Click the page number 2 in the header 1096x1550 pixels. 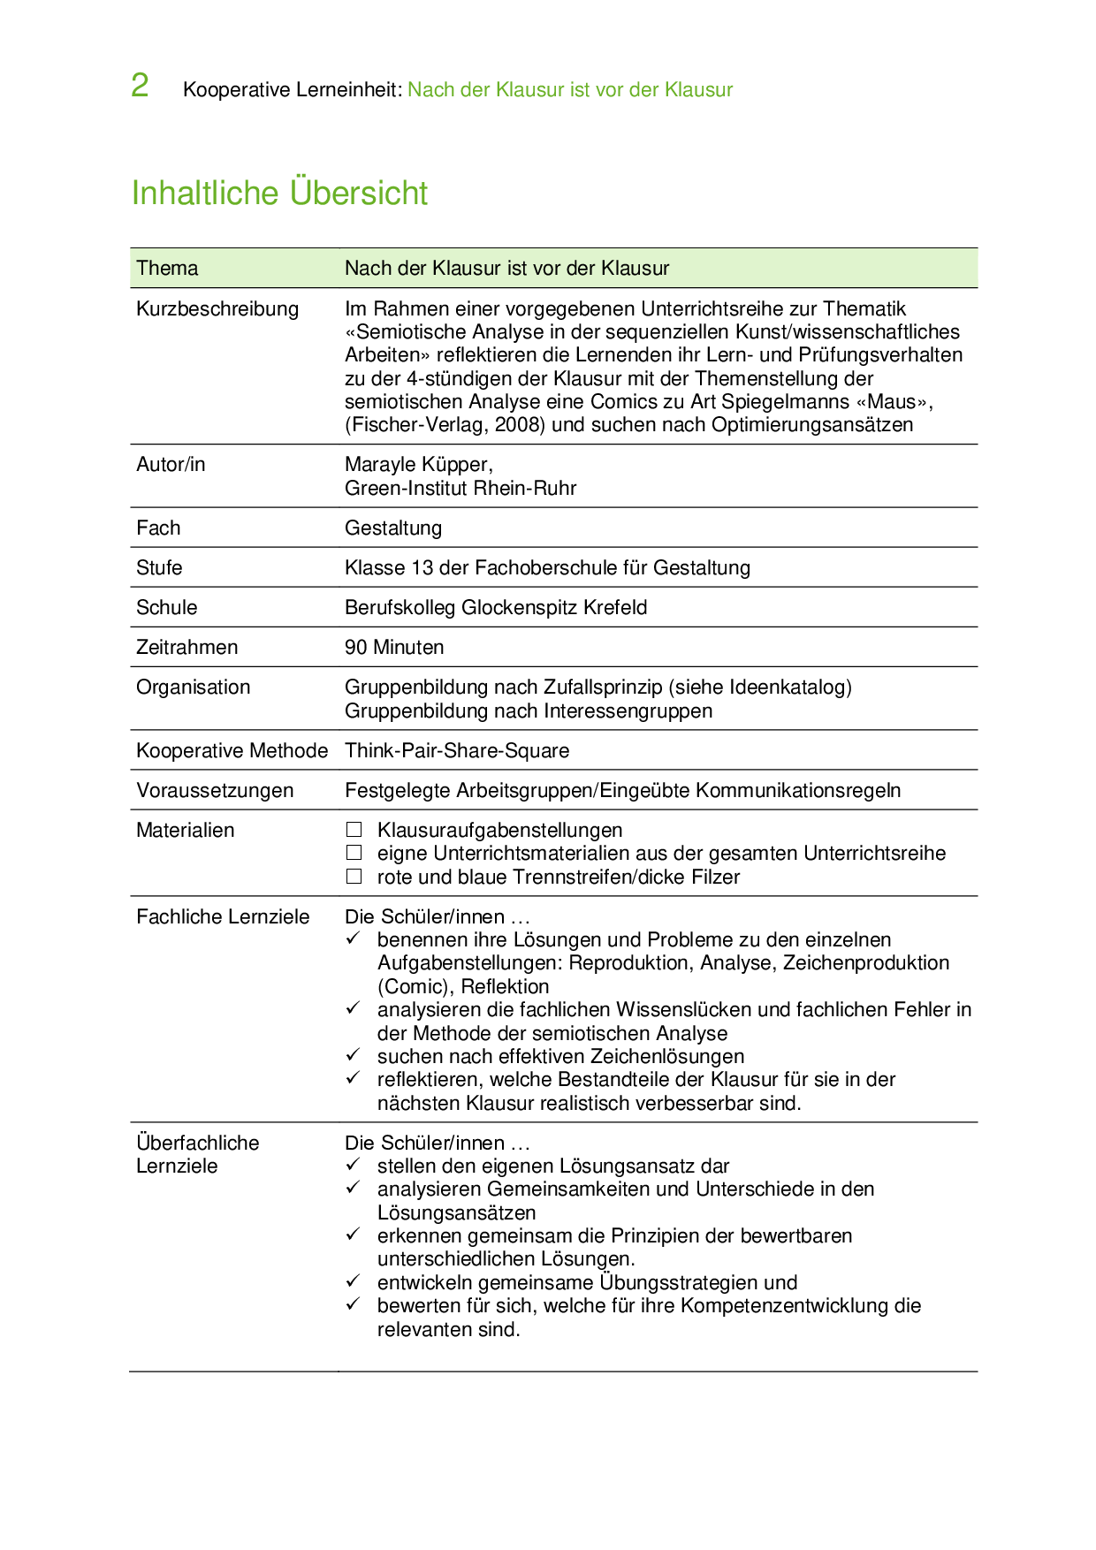tap(140, 86)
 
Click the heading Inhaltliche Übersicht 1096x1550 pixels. tap(279, 193)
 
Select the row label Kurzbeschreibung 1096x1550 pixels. tap(217, 308)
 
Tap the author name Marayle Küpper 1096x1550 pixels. tap(417, 464)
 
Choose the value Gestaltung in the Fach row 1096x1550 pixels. tap(393, 528)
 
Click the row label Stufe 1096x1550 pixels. tap(159, 567)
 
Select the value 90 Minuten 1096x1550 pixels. tap(394, 647)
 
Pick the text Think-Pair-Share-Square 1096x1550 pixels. tap(457, 750)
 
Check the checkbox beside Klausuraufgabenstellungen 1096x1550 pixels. tap(354, 830)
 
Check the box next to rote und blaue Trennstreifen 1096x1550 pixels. tap(354, 877)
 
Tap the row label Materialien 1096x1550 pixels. tap(186, 830)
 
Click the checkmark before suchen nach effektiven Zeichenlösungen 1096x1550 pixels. tap(353, 1055)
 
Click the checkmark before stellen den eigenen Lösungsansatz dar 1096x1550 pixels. tap(353, 1165)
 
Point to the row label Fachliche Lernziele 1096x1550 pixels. tap(223, 916)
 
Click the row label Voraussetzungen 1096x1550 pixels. tap(215, 790)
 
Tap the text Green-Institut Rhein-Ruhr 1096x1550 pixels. tap(460, 488)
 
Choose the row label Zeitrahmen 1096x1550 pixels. tap(187, 647)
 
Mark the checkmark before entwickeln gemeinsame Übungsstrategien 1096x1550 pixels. tap(353, 1281)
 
